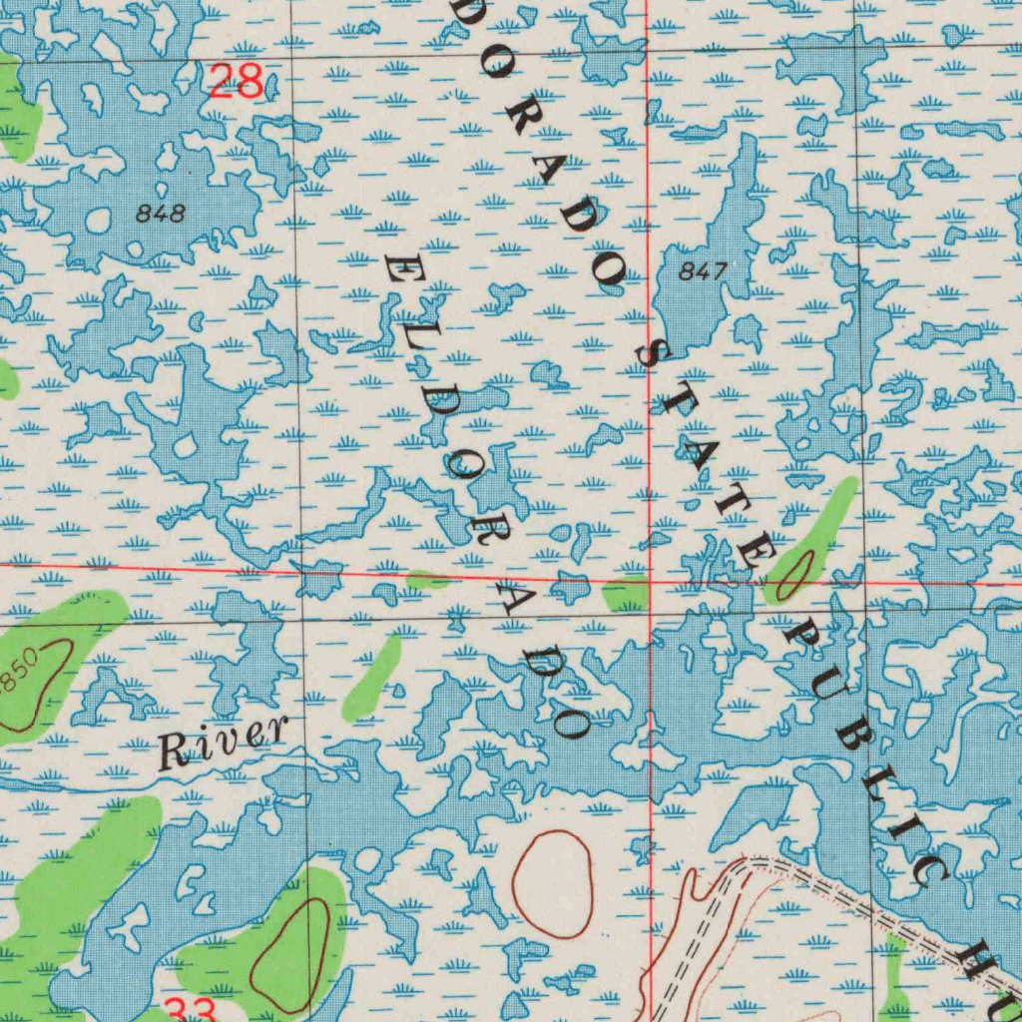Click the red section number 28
point(237,80)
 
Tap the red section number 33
point(191,1010)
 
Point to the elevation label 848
point(161,213)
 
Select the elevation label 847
point(703,270)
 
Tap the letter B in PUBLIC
point(857,740)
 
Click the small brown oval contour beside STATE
point(791,576)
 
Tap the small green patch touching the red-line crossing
point(626,593)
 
